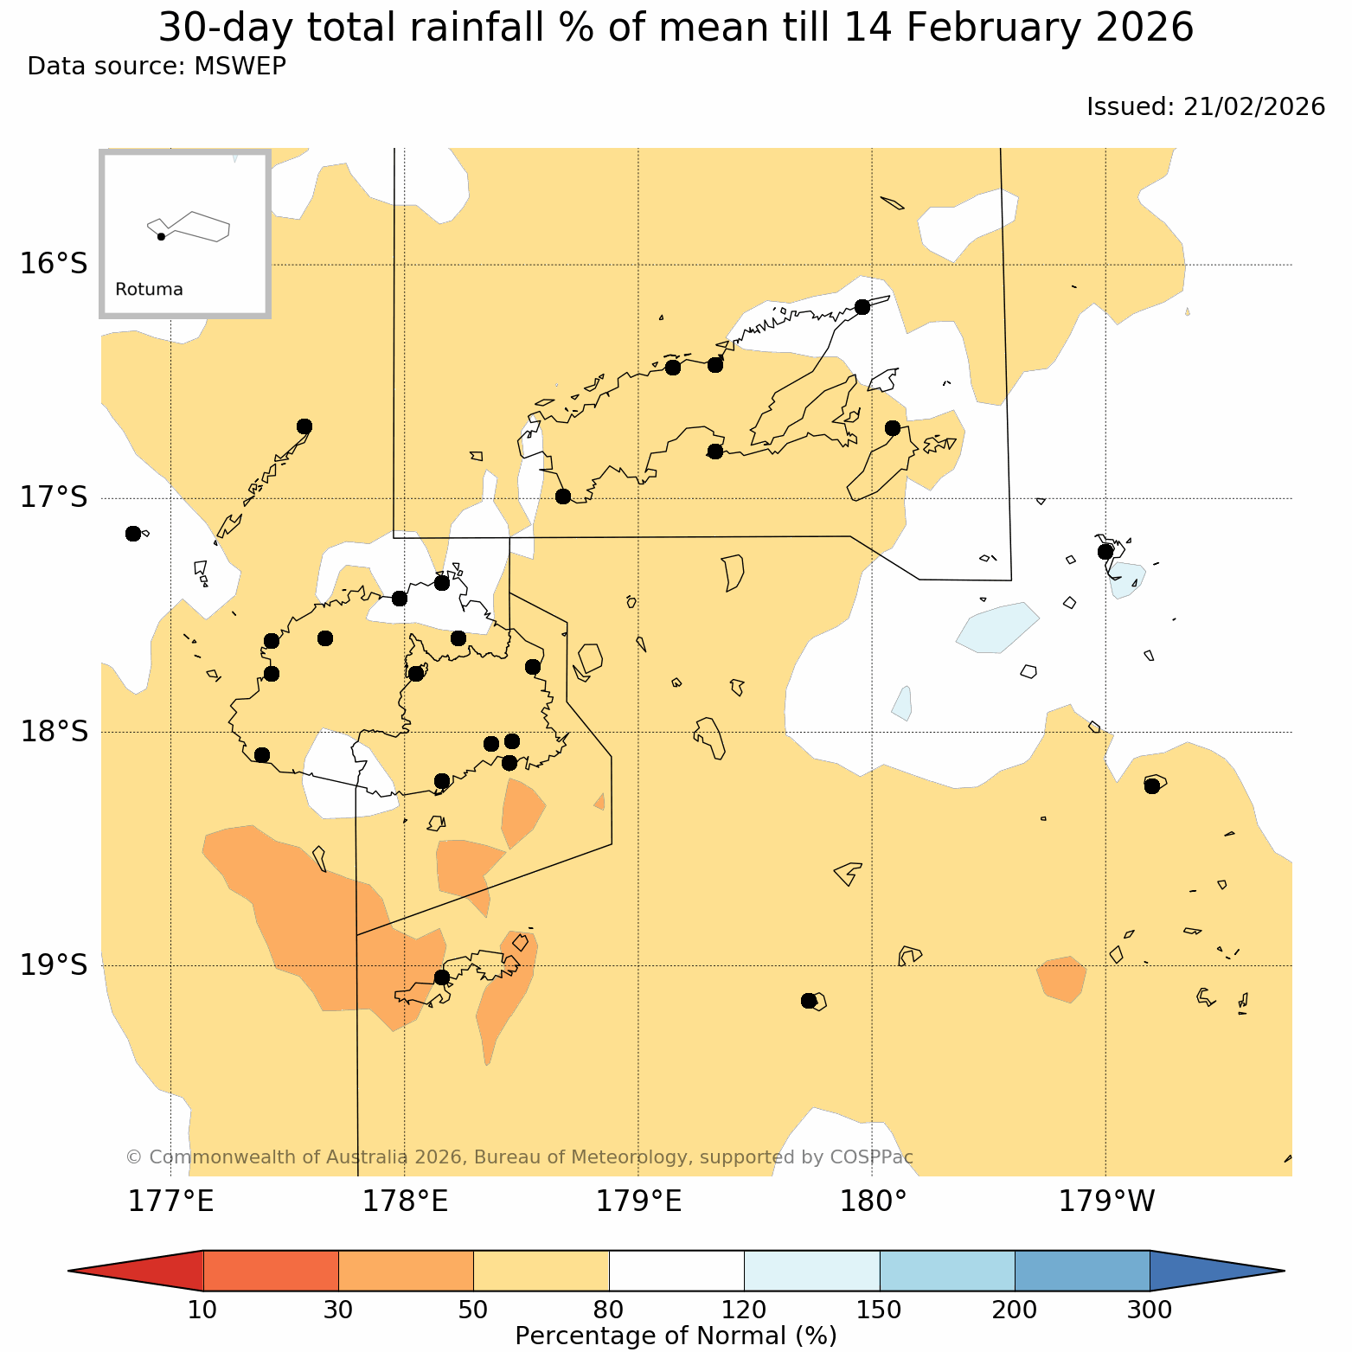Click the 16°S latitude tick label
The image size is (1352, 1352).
coord(54,264)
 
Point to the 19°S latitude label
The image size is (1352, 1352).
coord(54,964)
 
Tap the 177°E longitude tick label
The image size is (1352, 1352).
coord(170,1201)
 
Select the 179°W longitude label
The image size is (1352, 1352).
coord(1106,1201)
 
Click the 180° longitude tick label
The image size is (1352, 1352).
coord(871,1201)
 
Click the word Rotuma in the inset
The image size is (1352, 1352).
coord(149,290)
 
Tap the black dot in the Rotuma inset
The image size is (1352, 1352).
coord(161,236)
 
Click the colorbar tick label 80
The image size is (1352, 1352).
coord(609,1310)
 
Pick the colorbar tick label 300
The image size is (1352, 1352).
coord(1150,1310)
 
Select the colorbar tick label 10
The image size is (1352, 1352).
coord(202,1310)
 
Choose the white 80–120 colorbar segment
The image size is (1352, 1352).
coord(676,1271)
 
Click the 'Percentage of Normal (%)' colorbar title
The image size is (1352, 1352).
coord(676,1336)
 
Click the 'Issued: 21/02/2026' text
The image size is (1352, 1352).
coord(1205,106)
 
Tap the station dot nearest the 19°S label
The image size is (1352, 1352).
coord(441,977)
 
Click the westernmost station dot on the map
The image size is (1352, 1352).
coord(132,533)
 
